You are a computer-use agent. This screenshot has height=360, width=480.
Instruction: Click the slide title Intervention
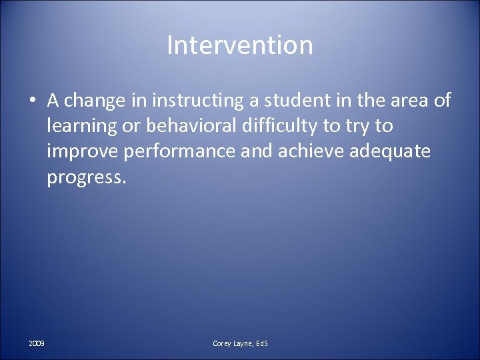tap(239, 45)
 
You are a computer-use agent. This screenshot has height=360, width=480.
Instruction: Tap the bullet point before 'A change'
tap(33, 101)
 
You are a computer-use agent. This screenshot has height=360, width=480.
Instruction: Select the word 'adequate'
tap(396, 151)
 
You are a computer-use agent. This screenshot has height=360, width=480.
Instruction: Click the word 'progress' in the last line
tap(82, 177)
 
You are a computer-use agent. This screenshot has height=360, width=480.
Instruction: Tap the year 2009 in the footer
tap(37, 343)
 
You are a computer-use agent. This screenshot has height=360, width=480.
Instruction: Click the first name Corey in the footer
tap(222, 343)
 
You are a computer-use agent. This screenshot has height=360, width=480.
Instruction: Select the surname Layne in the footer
tap(243, 343)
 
